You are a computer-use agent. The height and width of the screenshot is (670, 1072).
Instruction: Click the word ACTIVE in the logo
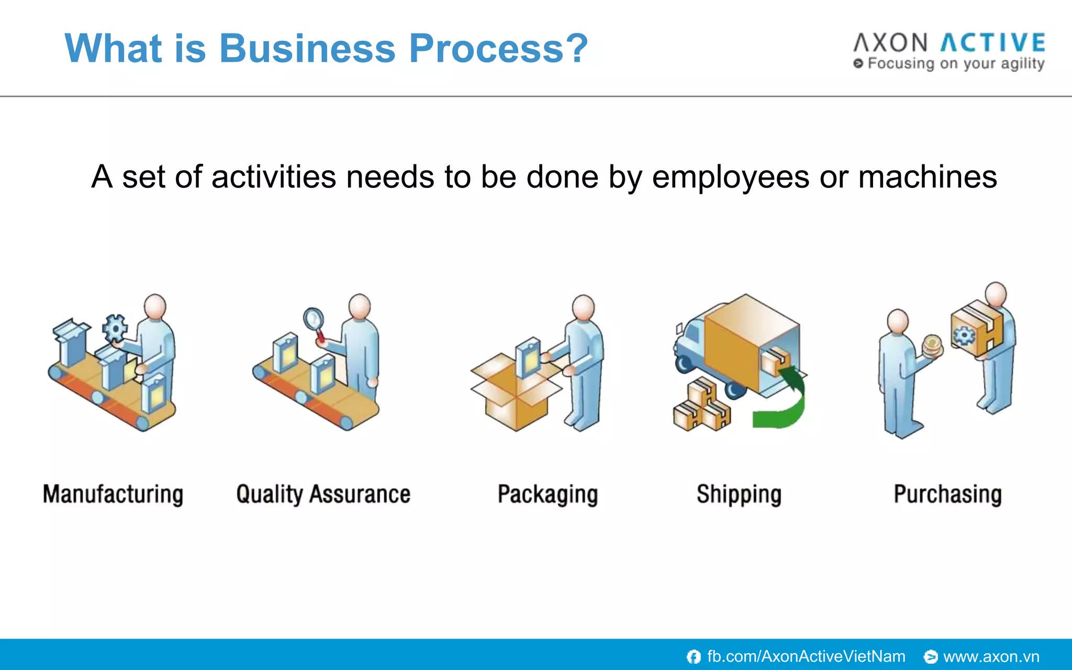pos(992,43)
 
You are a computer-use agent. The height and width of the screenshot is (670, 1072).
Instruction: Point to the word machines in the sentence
pos(927,177)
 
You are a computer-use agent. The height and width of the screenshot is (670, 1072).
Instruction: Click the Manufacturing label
pos(113,494)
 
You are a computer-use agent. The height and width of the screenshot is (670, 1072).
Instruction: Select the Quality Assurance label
pos(323,494)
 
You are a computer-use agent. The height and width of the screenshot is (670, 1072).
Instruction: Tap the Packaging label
pos(548,494)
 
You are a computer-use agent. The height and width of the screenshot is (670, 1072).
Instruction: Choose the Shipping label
pos(739,494)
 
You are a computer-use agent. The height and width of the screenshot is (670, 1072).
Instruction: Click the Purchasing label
pos(947,494)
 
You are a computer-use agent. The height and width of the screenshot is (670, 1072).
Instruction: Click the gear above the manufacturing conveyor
pos(115,328)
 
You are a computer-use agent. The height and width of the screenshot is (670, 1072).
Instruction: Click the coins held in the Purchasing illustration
pos(932,345)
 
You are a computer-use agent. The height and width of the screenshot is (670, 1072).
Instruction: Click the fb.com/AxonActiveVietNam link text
pos(806,656)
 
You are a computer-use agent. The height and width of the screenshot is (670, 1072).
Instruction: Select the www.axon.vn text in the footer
pos(991,656)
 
